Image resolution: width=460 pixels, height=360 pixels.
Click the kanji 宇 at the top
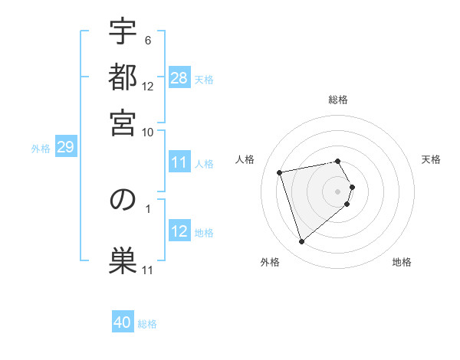coord(123,32)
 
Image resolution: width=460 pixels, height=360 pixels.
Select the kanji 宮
coord(123,123)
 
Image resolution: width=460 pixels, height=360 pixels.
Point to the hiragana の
coord(123,200)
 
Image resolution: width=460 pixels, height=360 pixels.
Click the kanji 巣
coord(123,257)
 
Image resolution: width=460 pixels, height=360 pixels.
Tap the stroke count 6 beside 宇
coord(148,40)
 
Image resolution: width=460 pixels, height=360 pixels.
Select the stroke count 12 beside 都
coord(148,86)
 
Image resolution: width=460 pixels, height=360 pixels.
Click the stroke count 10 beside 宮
coord(148,132)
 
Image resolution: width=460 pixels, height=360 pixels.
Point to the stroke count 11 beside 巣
coord(148,270)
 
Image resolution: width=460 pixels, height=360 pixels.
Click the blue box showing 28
coord(179,77)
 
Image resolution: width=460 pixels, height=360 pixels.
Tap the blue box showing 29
coord(65,147)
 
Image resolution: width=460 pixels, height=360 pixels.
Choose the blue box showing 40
coord(123,322)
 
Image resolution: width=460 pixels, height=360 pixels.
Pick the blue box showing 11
coord(179,162)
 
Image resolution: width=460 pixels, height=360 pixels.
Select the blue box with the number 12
coord(179,231)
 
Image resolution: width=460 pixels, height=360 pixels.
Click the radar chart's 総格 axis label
coord(338,100)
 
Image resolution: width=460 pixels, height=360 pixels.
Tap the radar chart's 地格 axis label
coord(402,263)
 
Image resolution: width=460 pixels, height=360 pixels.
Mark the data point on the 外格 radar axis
coord(301,242)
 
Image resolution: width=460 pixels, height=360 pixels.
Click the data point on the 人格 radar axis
coord(280,172)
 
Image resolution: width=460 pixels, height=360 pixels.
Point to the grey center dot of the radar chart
coord(338,191)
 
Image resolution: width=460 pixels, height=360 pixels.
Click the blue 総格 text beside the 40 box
coord(147,324)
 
